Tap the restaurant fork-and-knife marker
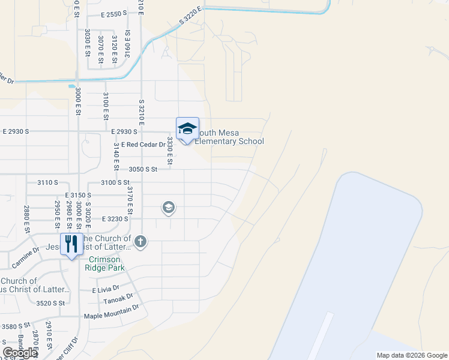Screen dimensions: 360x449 pyautogui.click(x=71, y=245)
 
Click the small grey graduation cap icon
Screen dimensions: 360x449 pyautogui.click(x=169, y=208)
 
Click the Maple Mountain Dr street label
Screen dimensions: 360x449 pyautogui.click(x=111, y=316)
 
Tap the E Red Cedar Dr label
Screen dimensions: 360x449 pyautogui.click(x=143, y=145)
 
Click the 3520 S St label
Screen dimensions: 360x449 pyautogui.click(x=50, y=304)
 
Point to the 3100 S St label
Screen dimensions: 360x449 pyautogui.click(x=115, y=182)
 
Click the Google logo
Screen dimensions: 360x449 pyautogui.click(x=20, y=352)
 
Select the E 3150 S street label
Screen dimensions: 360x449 pyautogui.click(x=78, y=196)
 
